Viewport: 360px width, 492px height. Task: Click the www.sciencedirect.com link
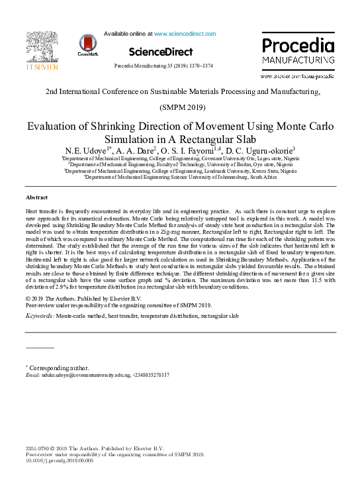pos(185,33)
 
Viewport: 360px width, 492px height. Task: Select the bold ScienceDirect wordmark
pos(161,52)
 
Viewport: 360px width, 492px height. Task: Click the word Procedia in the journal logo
pos(297,46)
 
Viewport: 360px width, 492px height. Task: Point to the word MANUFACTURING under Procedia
pos(297,60)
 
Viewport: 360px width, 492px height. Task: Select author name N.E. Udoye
pos(87,151)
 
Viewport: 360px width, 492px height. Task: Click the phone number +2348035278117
pos(151,375)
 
